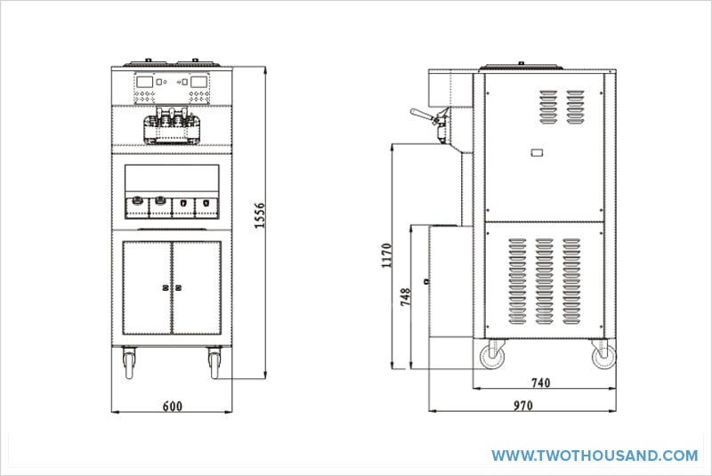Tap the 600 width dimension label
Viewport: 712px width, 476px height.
click(x=173, y=407)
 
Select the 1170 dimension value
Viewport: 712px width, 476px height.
click(x=386, y=254)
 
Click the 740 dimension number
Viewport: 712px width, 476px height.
click(x=540, y=383)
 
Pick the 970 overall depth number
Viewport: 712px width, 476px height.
click(x=523, y=407)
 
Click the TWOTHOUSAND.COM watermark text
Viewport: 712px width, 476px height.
click(x=595, y=455)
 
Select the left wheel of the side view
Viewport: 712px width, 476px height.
click(x=491, y=357)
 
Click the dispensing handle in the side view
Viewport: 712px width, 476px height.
click(x=424, y=114)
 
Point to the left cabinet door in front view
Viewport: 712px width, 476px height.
click(x=145, y=286)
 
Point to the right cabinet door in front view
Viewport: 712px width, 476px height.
click(x=196, y=286)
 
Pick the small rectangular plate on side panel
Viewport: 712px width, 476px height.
click(x=537, y=154)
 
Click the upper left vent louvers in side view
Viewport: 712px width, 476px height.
click(x=548, y=109)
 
